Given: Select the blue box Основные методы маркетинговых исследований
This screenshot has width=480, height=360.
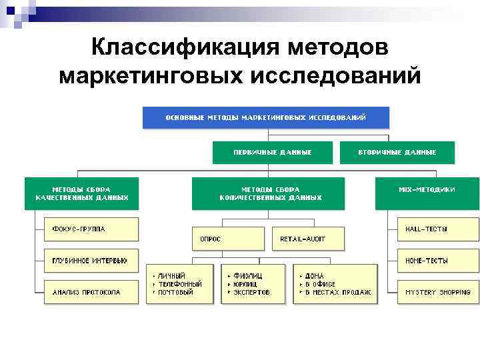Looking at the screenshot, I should click(265, 117).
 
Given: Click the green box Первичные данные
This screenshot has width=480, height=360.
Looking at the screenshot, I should click(272, 153).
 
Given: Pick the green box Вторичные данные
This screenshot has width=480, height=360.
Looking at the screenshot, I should click(397, 153).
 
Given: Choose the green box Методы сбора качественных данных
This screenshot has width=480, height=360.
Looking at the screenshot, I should click(81, 193).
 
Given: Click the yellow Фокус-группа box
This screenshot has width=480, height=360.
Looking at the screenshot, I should click(91, 229).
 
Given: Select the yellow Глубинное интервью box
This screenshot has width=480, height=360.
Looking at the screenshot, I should click(91, 261).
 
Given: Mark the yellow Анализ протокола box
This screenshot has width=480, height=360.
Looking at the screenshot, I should click(91, 292).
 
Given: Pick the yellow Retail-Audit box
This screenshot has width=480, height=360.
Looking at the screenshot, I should click(308, 238).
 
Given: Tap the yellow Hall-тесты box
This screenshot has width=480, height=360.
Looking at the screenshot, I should click(437, 229).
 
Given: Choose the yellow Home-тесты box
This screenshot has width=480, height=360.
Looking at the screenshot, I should click(437, 261).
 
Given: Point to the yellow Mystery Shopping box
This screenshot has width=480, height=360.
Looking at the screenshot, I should click(437, 292).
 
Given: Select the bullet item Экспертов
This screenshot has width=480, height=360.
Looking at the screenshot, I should click(251, 292).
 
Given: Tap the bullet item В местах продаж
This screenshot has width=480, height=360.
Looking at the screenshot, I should click(339, 292).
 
